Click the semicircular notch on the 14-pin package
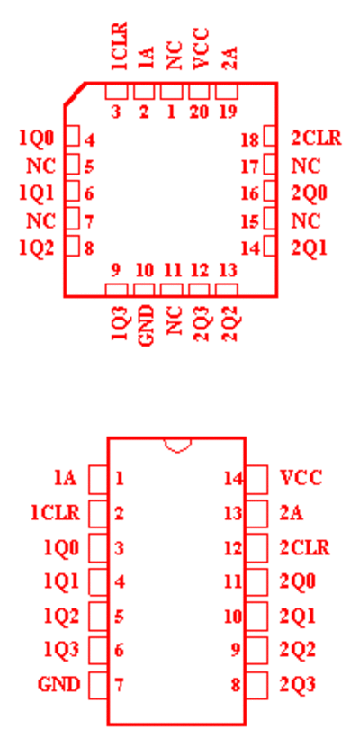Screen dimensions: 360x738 (177, 448)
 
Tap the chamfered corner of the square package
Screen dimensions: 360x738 (75, 94)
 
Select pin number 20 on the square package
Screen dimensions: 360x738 (198, 112)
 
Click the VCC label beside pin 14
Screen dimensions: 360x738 (301, 478)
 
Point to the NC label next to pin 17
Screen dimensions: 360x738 (306, 166)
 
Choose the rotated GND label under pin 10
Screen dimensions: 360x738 (147, 325)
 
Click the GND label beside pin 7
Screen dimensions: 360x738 (58, 684)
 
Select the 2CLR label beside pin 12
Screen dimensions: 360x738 (304, 548)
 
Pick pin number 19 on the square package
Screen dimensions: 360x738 (229, 112)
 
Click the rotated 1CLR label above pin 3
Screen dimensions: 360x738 (120, 46)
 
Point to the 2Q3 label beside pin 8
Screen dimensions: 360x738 (297, 684)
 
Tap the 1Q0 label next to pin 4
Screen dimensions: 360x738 (36, 139)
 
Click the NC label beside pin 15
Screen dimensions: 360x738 (306, 220)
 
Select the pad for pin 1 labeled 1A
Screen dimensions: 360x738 (98, 479)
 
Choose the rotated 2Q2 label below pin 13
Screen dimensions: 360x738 (230, 323)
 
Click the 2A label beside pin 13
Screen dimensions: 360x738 (292, 513)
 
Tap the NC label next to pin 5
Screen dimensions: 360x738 (40, 166)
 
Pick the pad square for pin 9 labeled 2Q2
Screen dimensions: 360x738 (256, 651)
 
